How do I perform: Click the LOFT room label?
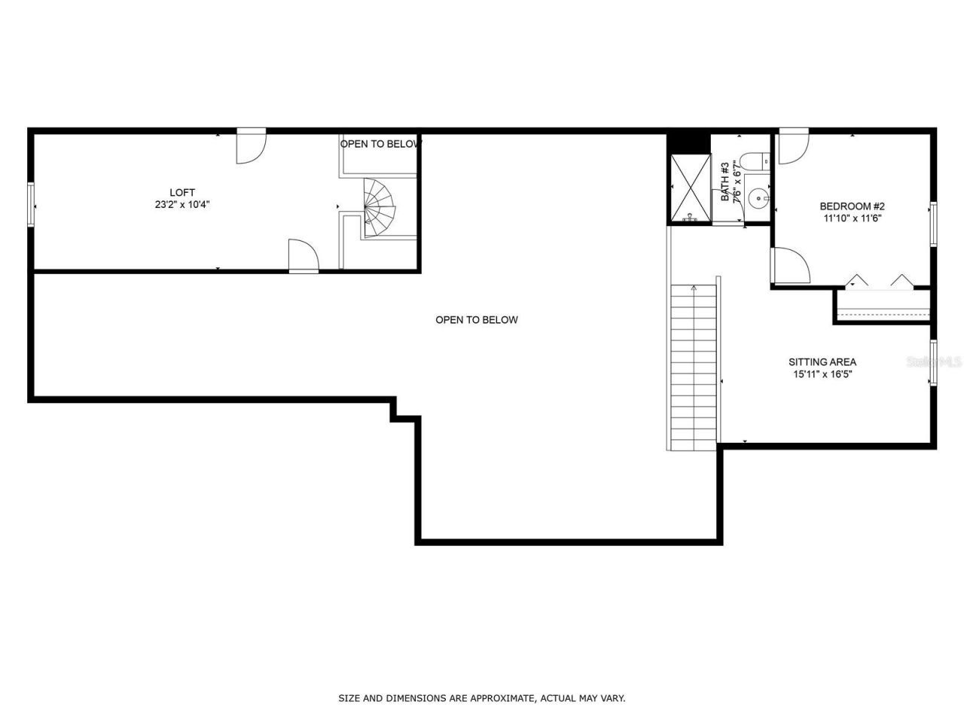click(x=182, y=193)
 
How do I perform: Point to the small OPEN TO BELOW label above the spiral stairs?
click(x=380, y=144)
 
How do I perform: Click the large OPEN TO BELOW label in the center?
click(x=477, y=320)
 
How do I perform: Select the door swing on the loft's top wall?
click(x=251, y=147)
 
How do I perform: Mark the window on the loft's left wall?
click(x=32, y=204)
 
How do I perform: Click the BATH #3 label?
click(x=725, y=182)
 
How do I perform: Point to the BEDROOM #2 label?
click(x=852, y=206)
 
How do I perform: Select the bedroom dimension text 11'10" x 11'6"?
click(x=852, y=218)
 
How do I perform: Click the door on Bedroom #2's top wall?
click(x=793, y=148)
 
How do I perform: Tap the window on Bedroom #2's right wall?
click(x=933, y=224)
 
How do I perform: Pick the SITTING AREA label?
click(x=822, y=362)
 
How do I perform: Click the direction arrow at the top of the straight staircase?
click(x=694, y=288)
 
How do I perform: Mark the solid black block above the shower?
click(x=689, y=142)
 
